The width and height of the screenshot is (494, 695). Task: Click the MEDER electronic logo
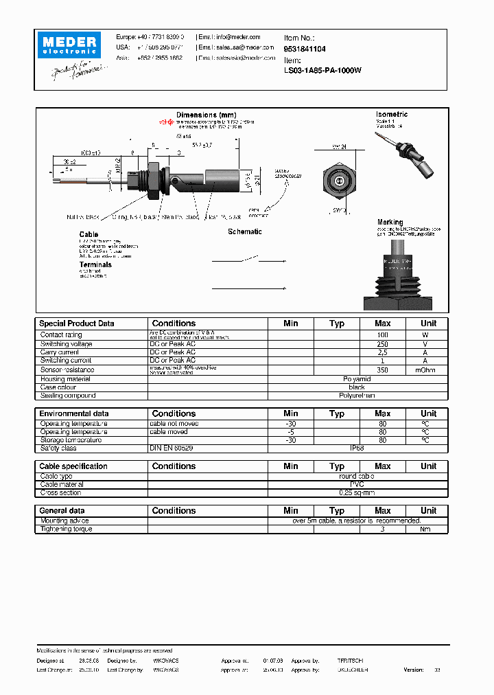point(71,45)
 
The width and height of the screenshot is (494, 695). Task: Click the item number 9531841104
point(305,49)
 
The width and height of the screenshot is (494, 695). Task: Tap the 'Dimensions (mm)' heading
point(206,115)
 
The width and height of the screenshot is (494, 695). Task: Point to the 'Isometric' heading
point(392,115)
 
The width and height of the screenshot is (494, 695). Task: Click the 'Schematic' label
point(245,232)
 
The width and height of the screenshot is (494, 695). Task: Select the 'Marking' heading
point(390,223)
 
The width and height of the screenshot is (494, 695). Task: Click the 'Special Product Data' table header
point(77,323)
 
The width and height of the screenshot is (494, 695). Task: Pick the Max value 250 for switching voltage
point(382,344)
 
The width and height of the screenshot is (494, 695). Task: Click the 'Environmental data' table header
point(74,414)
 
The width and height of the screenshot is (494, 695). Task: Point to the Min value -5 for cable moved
point(291,432)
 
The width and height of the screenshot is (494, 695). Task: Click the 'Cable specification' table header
point(73,466)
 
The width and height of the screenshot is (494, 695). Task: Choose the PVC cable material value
point(357,484)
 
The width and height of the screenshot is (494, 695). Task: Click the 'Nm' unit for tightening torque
point(425,529)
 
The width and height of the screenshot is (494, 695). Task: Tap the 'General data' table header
point(62,511)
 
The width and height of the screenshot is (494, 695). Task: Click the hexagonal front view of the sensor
point(338,181)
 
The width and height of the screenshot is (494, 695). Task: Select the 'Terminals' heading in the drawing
point(95,264)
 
